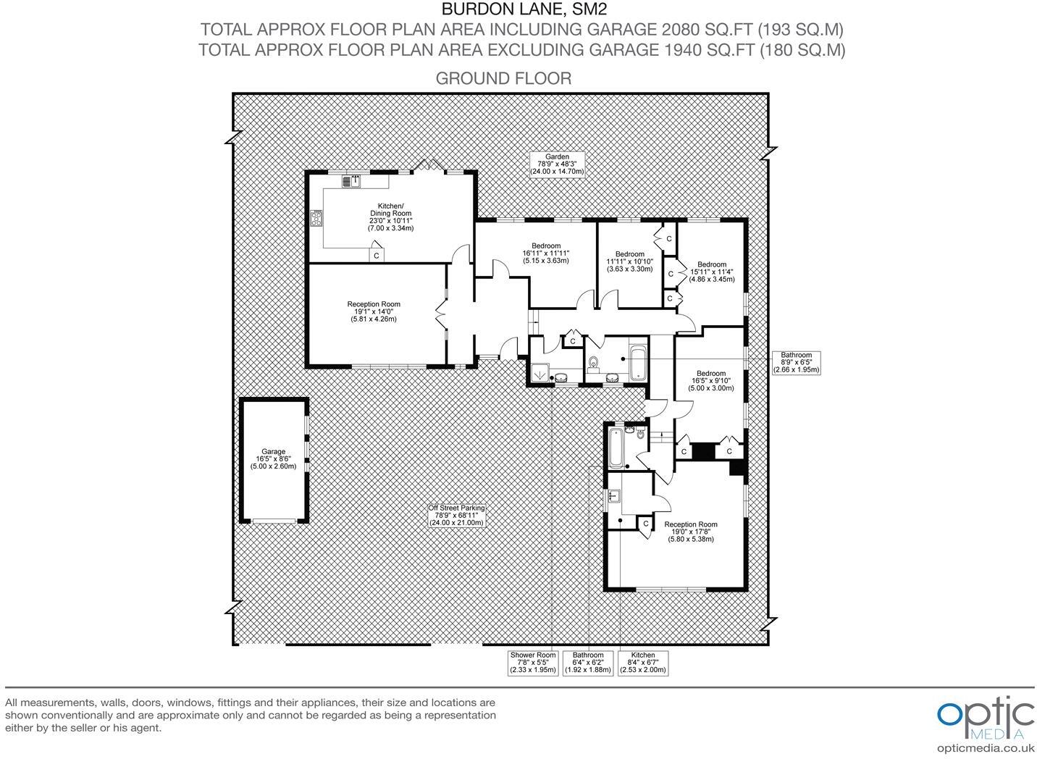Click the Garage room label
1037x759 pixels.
pyautogui.click(x=273, y=459)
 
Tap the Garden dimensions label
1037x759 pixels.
pyautogui.click(x=558, y=164)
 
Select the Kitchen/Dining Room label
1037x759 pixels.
pyautogui.click(x=390, y=217)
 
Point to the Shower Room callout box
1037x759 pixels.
pyautogui.click(x=533, y=662)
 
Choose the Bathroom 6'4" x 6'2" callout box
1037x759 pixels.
pyautogui.click(x=587, y=662)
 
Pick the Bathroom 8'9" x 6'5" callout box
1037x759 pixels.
pyautogui.click(x=796, y=362)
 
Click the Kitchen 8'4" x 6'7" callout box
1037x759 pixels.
pyautogui.click(x=642, y=662)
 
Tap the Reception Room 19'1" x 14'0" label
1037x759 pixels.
pyautogui.click(x=373, y=311)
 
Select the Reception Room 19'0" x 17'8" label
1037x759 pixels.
pyautogui.click(x=690, y=532)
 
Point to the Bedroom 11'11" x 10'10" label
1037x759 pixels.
pyautogui.click(x=629, y=261)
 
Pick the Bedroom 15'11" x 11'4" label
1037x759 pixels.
pyautogui.click(x=711, y=272)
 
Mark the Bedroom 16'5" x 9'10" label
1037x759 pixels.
pyautogui.click(x=711, y=381)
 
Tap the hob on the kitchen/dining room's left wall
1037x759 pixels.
pyautogui.click(x=316, y=217)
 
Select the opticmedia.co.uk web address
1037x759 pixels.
pyautogui.click(x=985, y=749)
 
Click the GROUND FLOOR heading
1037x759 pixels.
pyautogui.click(x=503, y=78)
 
